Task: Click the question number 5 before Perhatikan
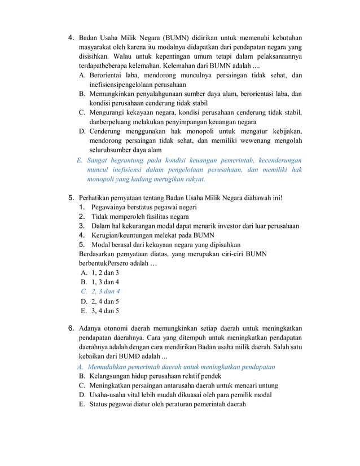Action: tap(71, 198)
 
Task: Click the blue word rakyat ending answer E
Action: tap(192, 179)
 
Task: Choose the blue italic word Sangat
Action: tap(99, 160)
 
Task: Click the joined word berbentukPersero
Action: tap(105, 263)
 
